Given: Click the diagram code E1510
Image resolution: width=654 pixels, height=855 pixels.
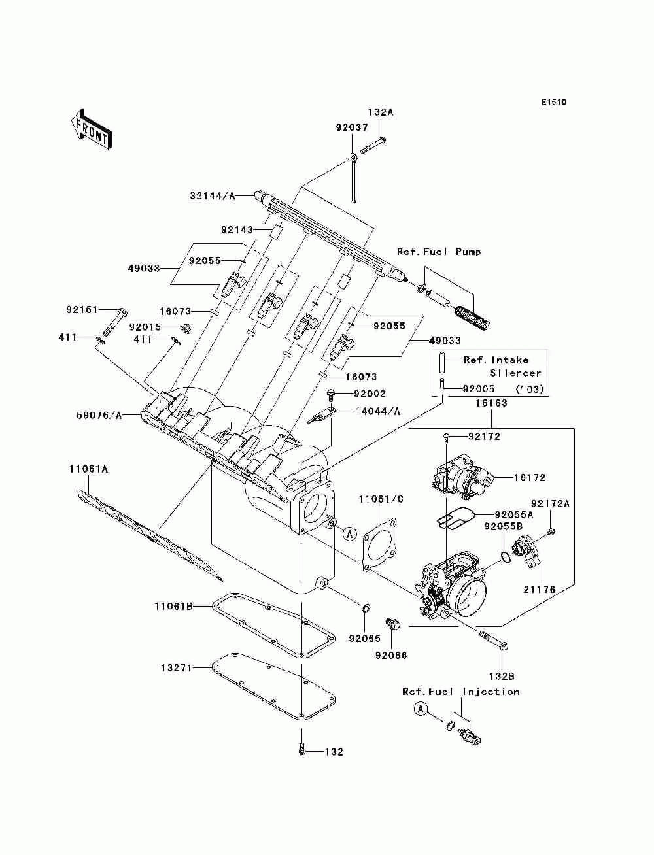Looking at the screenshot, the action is (553, 103).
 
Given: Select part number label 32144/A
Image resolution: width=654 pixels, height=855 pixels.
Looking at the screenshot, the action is (213, 196).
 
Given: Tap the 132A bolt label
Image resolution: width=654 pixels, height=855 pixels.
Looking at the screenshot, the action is (381, 112).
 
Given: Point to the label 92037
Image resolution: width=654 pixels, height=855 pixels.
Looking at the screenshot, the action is (352, 127).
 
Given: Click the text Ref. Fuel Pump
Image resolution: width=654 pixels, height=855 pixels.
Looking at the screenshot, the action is (439, 252).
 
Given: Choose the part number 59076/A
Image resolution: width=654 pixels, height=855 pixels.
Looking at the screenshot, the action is (99, 416).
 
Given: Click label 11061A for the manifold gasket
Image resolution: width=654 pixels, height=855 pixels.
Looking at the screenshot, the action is (88, 469).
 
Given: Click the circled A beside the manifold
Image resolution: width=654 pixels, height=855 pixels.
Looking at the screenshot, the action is (350, 534).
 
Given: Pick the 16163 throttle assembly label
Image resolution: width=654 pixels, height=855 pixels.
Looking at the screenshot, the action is (491, 403).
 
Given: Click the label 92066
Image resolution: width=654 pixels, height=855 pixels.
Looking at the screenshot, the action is (391, 655).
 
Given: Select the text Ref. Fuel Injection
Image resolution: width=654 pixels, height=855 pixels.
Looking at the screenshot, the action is (461, 692).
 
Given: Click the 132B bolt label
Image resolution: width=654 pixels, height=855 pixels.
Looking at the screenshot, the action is (502, 676).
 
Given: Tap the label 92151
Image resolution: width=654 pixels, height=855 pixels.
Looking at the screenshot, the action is (82, 310).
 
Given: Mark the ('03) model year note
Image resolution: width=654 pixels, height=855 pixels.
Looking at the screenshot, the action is (530, 389).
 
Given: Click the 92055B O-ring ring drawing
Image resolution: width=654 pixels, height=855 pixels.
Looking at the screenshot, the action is (506, 557).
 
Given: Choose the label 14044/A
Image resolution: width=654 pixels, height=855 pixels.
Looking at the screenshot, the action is (377, 411).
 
